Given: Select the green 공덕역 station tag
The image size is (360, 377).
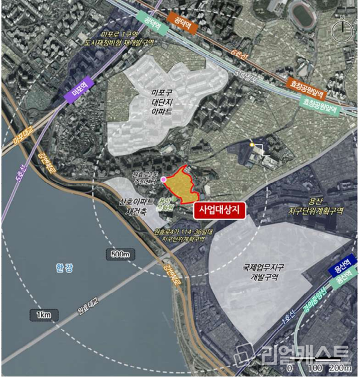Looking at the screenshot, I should tap(149, 18).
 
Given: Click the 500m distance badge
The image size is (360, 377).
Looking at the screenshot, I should tap(121, 255).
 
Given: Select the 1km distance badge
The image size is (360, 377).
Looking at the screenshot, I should tap(42, 315).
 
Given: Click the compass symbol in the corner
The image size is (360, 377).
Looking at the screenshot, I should tap(344, 28).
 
